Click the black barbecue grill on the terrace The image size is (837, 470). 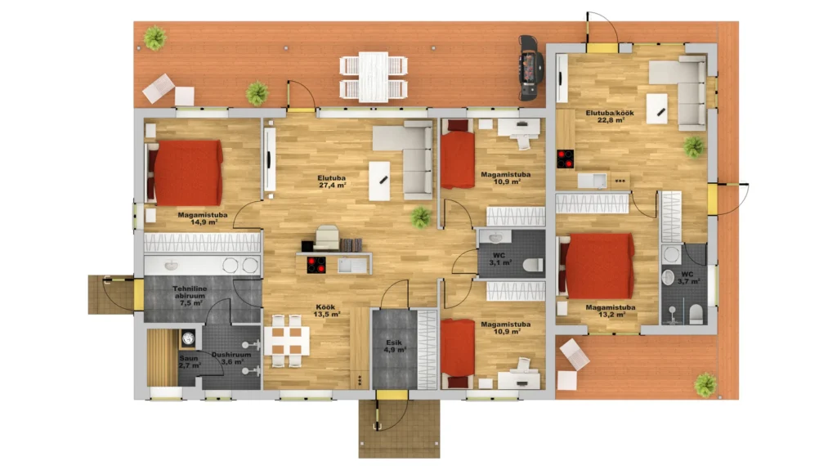coord(531,68)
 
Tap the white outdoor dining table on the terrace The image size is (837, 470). coord(374,76)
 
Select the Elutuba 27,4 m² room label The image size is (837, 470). coord(332,181)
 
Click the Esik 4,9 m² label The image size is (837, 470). coord(395,346)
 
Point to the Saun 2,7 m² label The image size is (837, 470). coord(190,361)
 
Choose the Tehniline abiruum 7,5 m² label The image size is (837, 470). coord(190,296)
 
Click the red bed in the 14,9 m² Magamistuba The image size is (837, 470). coord(185,172)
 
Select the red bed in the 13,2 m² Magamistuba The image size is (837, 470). coord(597,266)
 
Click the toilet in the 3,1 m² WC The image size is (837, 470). coord(533,264)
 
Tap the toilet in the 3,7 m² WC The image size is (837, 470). coord(696,314)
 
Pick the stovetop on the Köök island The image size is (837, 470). coord(316,265)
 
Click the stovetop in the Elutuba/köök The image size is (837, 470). coord(566,159)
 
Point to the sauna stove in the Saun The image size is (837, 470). coord(188,338)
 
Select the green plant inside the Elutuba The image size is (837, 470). coord(421,217)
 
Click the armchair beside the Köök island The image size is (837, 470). coord(328,238)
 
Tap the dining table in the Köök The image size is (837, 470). coord(287,341)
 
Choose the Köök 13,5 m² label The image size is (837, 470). coord(328,311)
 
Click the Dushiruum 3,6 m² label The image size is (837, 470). coord(231,358)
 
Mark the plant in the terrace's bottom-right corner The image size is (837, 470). coord(705,384)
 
